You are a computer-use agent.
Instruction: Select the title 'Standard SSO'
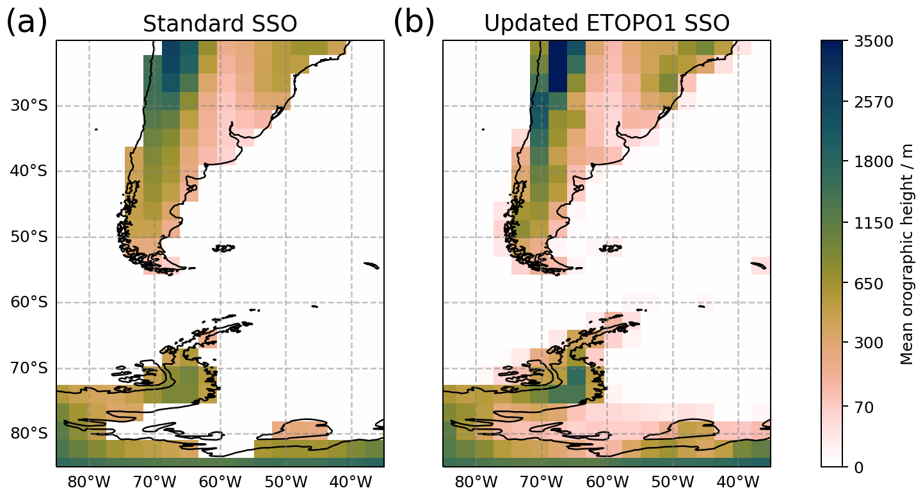pyautogui.click(x=220, y=24)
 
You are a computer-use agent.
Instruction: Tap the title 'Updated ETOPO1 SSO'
pyautogui.click(x=606, y=24)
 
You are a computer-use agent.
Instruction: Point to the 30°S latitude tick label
pyautogui.click(x=29, y=106)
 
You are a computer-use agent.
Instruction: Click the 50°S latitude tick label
pyautogui.click(x=29, y=237)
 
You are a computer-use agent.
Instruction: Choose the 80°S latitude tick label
pyautogui.click(x=29, y=434)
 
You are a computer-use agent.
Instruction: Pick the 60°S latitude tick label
pyautogui.click(x=29, y=302)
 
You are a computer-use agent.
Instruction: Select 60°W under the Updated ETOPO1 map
pyautogui.click(x=607, y=480)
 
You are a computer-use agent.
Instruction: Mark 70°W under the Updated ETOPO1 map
pyautogui.click(x=542, y=480)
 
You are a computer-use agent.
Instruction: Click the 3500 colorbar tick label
pyautogui.click(x=875, y=41)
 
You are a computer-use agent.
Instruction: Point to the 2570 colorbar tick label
pyautogui.click(x=875, y=102)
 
